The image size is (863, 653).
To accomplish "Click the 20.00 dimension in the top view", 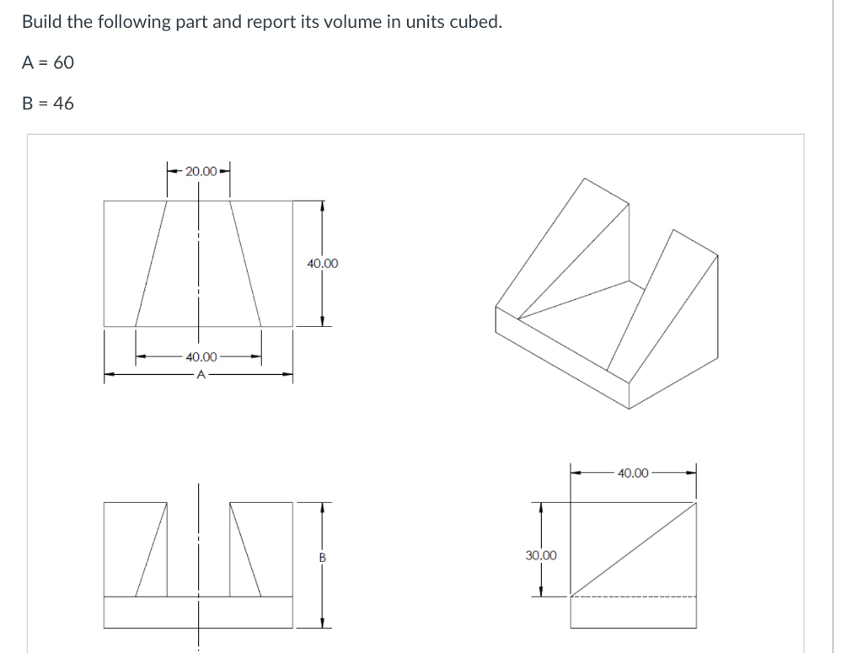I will click(x=199, y=171).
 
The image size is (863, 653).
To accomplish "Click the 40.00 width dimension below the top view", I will click(x=201, y=357).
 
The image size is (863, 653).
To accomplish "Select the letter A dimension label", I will click(x=200, y=375).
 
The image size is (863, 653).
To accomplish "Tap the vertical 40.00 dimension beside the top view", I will click(x=323, y=264).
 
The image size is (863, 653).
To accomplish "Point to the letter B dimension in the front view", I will click(x=322, y=557).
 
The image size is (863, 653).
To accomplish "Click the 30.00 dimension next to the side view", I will click(x=540, y=555).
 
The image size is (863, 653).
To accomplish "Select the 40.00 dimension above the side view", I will click(x=633, y=473).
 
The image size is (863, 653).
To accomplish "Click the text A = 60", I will click(x=48, y=62).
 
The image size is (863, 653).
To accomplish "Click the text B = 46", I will click(x=48, y=104).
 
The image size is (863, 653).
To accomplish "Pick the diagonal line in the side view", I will click(x=634, y=549).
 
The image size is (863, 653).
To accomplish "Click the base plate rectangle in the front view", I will click(x=199, y=612).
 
